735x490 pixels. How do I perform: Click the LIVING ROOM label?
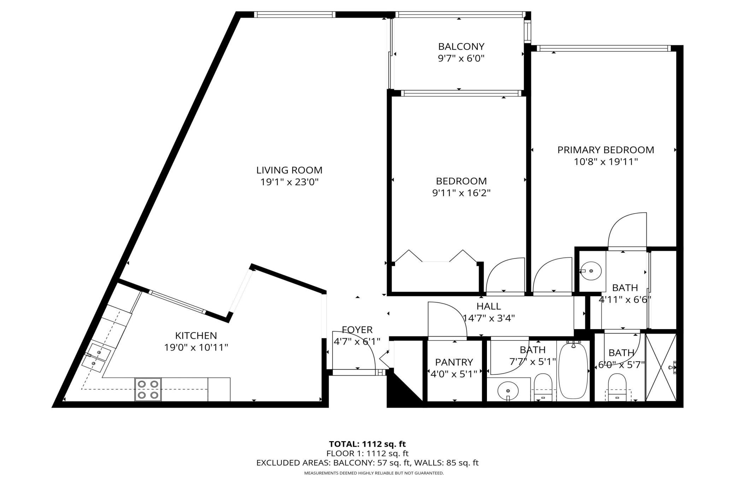[289, 170]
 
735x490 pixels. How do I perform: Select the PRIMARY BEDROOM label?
[606, 150]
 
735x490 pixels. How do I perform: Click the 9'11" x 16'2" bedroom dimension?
[461, 193]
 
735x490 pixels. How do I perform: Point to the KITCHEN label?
[196, 335]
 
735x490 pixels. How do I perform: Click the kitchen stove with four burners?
[148, 389]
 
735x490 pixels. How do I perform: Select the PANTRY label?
[454, 362]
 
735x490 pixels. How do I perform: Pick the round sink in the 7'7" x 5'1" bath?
[508, 391]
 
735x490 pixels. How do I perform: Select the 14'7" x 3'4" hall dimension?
[489, 318]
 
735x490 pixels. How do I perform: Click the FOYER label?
[357, 330]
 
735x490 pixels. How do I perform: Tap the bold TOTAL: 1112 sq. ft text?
[367, 444]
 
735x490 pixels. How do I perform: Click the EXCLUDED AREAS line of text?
[367, 463]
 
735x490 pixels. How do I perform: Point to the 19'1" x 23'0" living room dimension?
[289, 182]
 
